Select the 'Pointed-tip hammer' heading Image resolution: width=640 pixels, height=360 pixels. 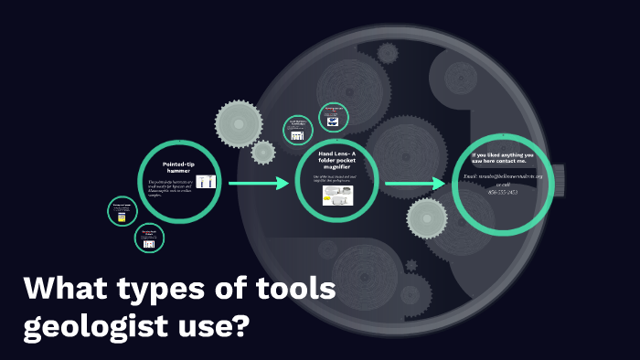point(178,166)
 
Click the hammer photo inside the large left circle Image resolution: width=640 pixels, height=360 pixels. point(206,182)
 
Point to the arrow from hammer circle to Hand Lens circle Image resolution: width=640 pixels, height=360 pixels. point(259,185)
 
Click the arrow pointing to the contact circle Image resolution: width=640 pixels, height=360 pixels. point(415,185)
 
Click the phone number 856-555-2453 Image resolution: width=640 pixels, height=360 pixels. point(503,192)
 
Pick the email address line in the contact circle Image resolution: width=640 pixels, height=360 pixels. point(503,175)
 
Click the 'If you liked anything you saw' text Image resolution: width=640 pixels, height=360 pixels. point(503,158)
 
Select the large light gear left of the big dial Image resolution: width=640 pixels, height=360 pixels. point(239,121)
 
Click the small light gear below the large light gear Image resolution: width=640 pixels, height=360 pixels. point(263,152)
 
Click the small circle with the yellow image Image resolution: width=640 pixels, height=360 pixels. point(122,211)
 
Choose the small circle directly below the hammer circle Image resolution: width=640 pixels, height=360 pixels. point(150,239)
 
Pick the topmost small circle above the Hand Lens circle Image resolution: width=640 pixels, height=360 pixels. point(334,117)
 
